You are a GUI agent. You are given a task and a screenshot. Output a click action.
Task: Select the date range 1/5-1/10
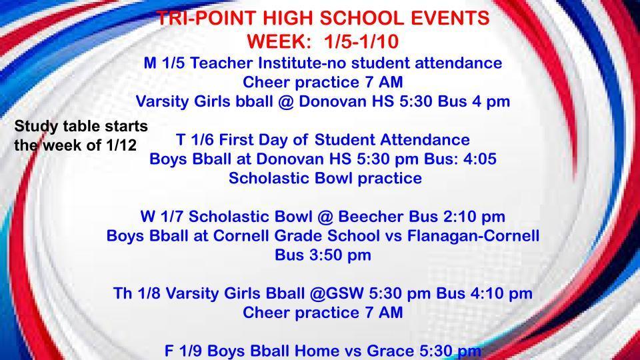[361, 42]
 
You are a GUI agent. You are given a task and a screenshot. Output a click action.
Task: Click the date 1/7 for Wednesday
[175, 217]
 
